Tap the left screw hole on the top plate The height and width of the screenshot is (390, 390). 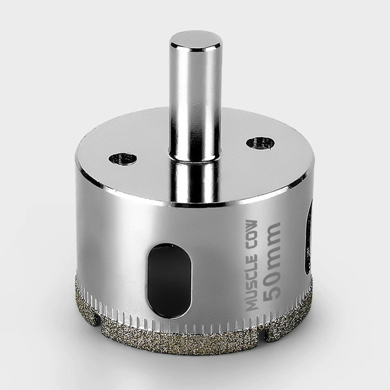123,159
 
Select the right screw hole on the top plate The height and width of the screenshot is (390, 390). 260,143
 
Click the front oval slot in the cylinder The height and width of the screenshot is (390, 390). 170,280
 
